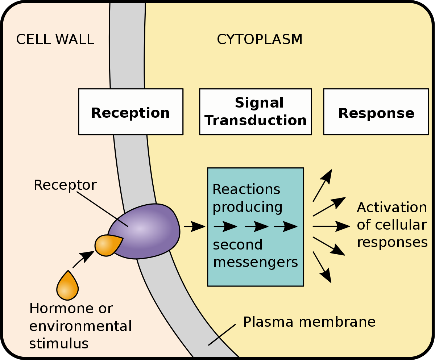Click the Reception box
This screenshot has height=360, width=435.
pyautogui.click(x=130, y=112)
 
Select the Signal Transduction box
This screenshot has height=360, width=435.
pyautogui.click(x=256, y=112)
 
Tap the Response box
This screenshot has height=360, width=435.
pyautogui.click(x=376, y=112)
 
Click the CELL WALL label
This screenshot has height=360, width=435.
pyautogui.click(x=55, y=39)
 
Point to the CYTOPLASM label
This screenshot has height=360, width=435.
pyautogui.click(x=260, y=39)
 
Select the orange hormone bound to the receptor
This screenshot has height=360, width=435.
pyautogui.click(x=107, y=245)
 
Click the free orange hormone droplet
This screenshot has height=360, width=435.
pyautogui.click(x=67, y=286)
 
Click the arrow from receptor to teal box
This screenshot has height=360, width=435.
pyautogui.click(x=194, y=227)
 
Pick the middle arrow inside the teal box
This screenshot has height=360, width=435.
pyautogui.click(x=256, y=227)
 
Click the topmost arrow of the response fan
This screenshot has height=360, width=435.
pyautogui.click(x=322, y=185)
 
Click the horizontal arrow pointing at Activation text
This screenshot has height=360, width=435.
pyautogui.click(x=331, y=226)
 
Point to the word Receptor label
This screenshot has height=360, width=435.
pyautogui.click(x=65, y=185)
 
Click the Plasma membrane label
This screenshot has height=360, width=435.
pyautogui.click(x=309, y=322)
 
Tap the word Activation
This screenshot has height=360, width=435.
pyautogui.click(x=392, y=208)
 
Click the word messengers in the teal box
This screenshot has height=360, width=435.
pyautogui.click(x=256, y=262)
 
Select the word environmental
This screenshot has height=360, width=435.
pyautogui.click(x=80, y=326)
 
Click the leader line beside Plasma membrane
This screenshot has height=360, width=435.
pyautogui.click(x=222, y=334)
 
